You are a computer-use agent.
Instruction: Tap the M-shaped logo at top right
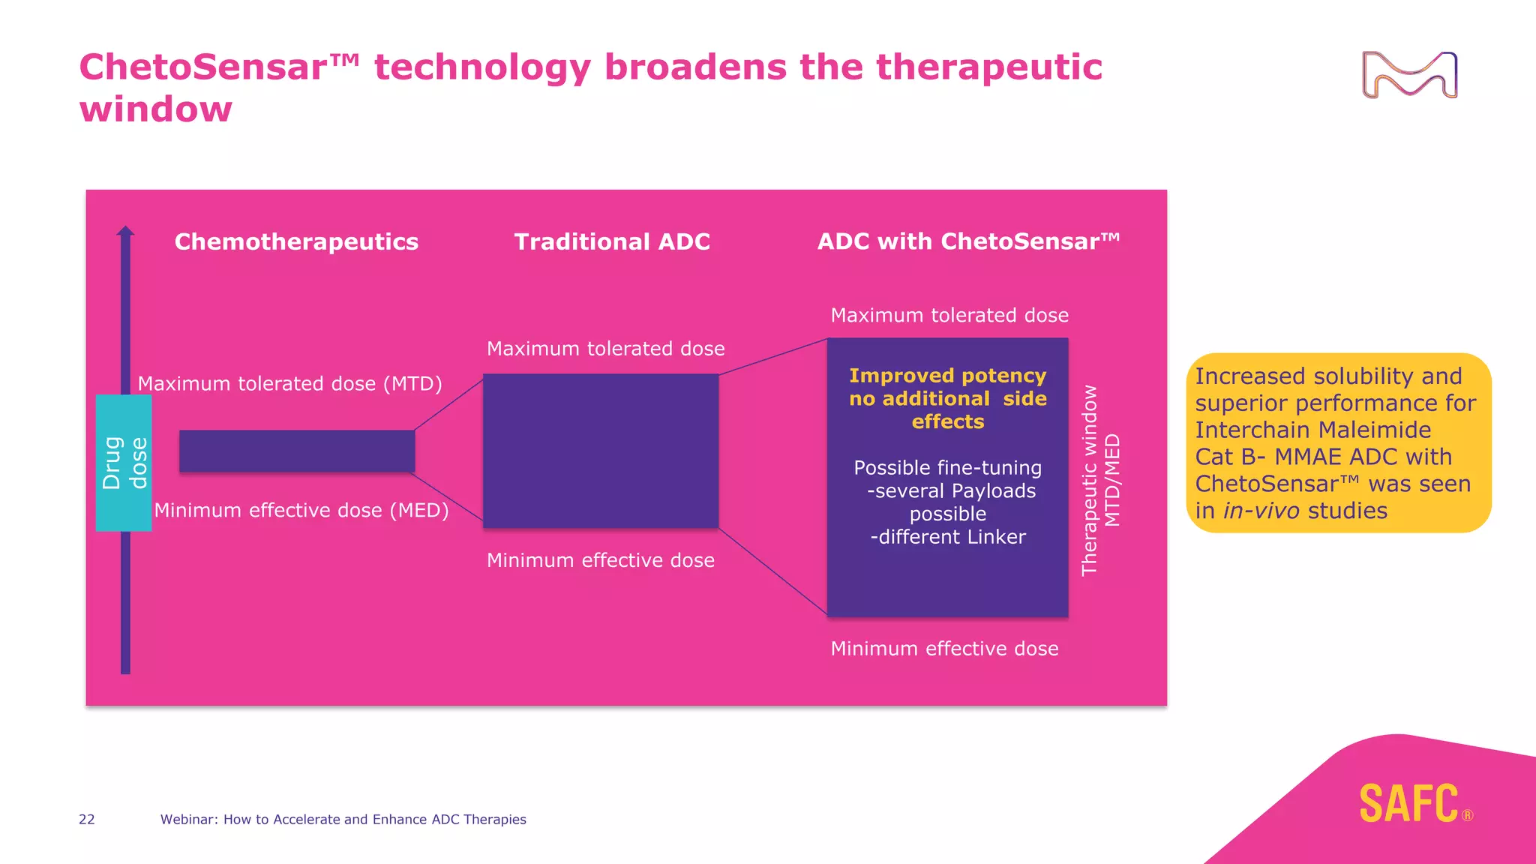(x=1409, y=75)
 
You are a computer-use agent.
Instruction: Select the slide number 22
(x=87, y=819)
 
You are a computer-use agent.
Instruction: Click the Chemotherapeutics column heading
(x=296, y=241)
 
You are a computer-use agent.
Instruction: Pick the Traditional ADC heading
(x=612, y=241)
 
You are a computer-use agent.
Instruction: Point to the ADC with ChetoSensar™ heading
(x=968, y=241)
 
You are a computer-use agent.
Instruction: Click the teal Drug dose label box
(x=124, y=463)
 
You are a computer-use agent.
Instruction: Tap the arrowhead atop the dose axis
(x=125, y=231)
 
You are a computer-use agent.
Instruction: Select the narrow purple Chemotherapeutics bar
(x=297, y=451)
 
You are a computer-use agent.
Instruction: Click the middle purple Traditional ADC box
(x=601, y=451)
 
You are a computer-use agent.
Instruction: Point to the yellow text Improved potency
(x=947, y=375)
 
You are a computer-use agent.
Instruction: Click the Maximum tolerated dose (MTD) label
(x=289, y=383)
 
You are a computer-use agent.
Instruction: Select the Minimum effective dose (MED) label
(x=301, y=510)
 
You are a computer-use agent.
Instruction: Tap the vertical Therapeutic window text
(x=1089, y=480)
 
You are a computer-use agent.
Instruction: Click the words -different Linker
(x=948, y=537)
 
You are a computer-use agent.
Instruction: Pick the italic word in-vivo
(x=1261, y=511)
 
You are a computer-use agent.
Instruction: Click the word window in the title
(x=156, y=109)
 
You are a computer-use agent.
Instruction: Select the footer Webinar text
(x=343, y=819)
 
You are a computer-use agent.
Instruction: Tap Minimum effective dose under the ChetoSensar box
(x=944, y=648)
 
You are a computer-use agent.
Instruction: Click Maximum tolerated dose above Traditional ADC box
(x=605, y=349)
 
